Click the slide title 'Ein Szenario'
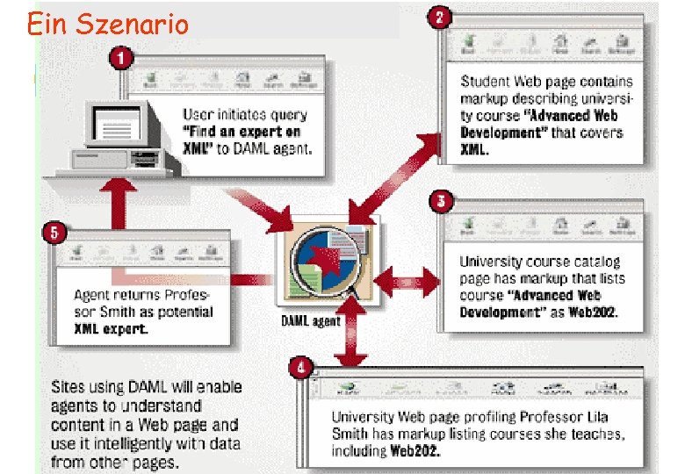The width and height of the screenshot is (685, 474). pyautogui.click(x=107, y=24)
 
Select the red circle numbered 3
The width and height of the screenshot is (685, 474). pyautogui.click(x=442, y=202)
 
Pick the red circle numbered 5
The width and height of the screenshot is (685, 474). pyautogui.click(x=54, y=233)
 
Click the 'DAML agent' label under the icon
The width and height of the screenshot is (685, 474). pyautogui.click(x=310, y=321)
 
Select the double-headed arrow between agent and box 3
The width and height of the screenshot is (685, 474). pyautogui.click(x=406, y=282)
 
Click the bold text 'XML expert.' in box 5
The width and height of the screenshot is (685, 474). pyautogui.click(x=111, y=328)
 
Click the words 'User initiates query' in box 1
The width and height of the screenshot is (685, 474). pyautogui.click(x=244, y=114)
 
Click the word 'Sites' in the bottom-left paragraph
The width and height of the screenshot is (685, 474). pyautogui.click(x=68, y=387)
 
